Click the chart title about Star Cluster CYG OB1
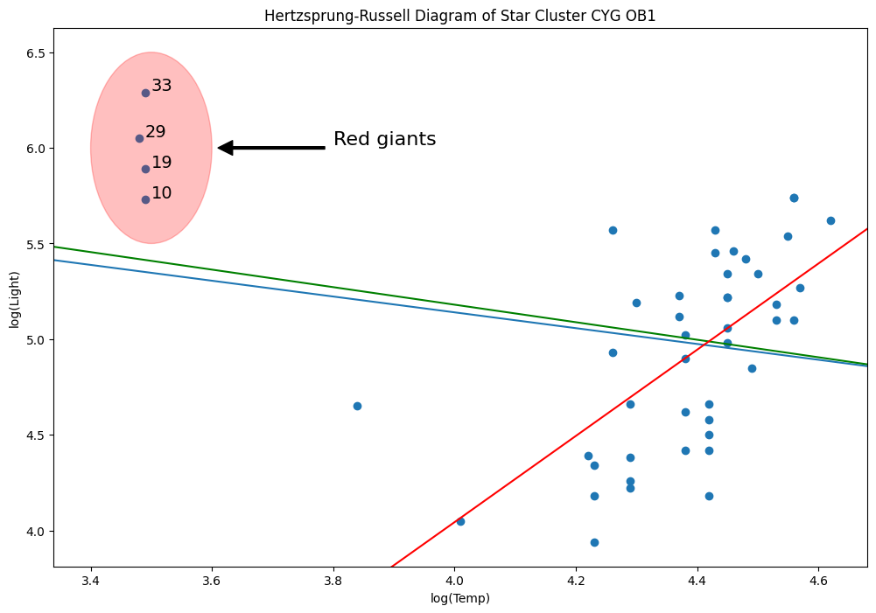[459, 16]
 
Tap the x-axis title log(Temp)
[459, 598]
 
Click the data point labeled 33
[146, 93]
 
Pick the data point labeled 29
[139, 138]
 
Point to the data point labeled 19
[146, 169]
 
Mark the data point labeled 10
[146, 199]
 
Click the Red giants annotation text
[384, 139]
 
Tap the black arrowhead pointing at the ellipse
[225, 148]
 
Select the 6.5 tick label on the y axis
[36, 53]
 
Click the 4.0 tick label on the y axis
[36, 531]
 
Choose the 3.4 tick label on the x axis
[91, 581]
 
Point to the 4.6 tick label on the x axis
[818, 581]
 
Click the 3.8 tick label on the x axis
[333, 581]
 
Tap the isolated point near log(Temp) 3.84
[357, 406]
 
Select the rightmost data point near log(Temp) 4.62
[830, 220]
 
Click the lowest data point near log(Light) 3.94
[594, 542]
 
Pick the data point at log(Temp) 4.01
[460, 521]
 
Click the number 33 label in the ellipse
[162, 86]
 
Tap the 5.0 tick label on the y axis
[36, 339]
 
